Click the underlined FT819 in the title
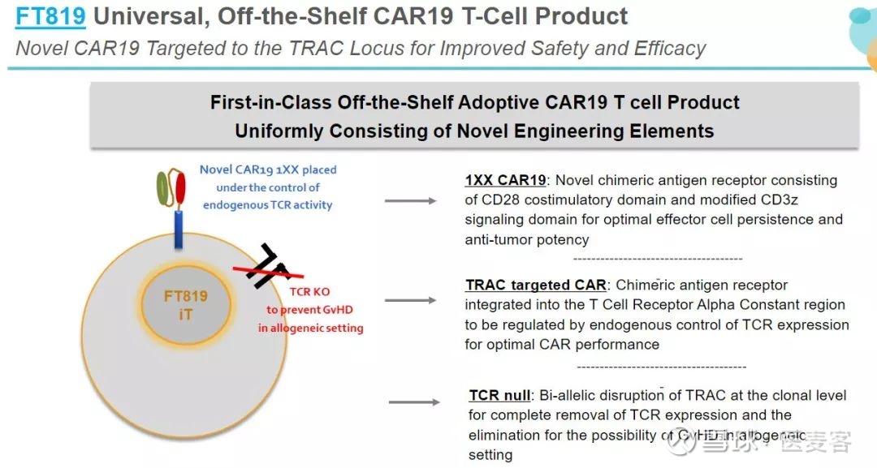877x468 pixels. tap(50, 15)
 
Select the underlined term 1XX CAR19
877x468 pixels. tap(505, 180)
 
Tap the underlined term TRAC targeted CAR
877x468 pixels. tap(536, 286)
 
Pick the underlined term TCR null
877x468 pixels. tap(499, 396)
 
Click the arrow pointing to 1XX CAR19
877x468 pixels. tap(410, 200)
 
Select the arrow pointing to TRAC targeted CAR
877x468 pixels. tap(410, 301)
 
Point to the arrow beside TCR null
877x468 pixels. tap(415, 402)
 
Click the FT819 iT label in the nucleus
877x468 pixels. tap(185, 305)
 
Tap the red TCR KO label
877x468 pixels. tap(310, 293)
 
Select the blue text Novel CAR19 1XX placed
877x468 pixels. tap(268, 170)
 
